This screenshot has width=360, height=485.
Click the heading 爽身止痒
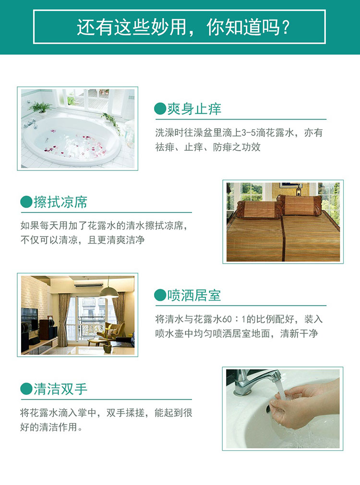click(x=194, y=109)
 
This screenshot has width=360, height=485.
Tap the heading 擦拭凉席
click(x=60, y=202)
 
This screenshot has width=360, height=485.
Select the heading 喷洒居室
click(x=194, y=295)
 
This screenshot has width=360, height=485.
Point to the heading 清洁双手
click(x=60, y=389)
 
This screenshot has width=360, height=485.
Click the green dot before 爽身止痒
click(x=160, y=109)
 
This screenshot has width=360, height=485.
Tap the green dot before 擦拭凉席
click(x=26, y=202)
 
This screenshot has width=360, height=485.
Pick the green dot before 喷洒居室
click(x=160, y=295)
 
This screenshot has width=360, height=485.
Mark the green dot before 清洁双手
click(x=26, y=389)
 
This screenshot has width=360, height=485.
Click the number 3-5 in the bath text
click(x=249, y=133)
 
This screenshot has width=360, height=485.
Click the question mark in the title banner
click(x=286, y=27)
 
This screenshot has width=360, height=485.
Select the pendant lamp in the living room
click(x=108, y=291)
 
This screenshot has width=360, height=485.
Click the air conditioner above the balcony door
click(x=88, y=285)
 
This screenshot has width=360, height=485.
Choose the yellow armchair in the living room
click(x=113, y=330)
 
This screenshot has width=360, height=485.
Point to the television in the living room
click(x=29, y=318)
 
